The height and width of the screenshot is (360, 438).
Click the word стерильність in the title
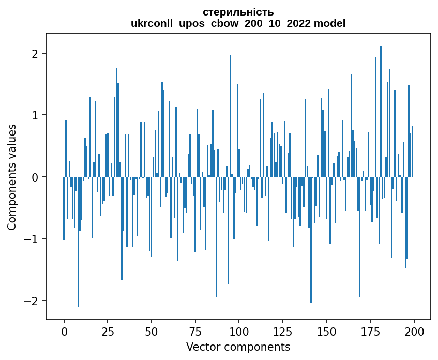click(x=238, y=12)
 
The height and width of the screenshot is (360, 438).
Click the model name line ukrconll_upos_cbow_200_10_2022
click(x=238, y=23)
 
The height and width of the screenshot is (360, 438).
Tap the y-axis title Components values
click(x=11, y=177)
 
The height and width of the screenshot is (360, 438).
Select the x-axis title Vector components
click(x=238, y=347)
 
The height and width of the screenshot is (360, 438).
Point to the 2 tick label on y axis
click(x=36, y=54)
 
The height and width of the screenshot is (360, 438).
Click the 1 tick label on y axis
click(x=36, y=115)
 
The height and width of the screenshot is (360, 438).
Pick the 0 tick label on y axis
click(x=36, y=177)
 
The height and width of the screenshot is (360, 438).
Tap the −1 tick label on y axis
click(x=33, y=239)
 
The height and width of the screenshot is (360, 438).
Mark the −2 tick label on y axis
click(x=33, y=301)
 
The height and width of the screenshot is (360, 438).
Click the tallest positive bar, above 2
click(x=381, y=103)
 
